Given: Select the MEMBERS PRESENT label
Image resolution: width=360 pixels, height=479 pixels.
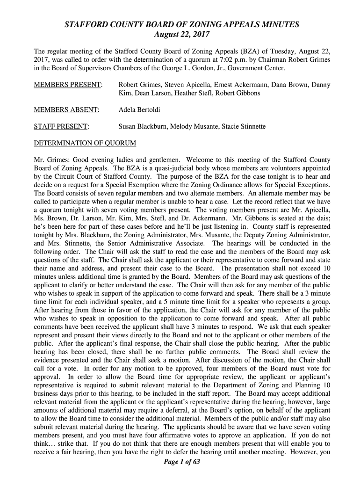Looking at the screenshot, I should coord(68,85).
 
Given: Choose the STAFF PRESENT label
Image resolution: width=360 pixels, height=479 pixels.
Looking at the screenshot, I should coord(62,126).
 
